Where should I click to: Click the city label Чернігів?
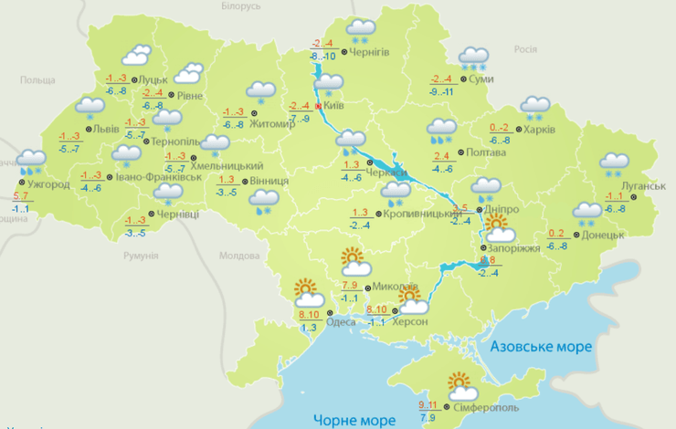[x=370, y=52]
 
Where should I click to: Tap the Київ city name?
[x=333, y=106]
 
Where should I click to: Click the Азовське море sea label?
[x=542, y=347]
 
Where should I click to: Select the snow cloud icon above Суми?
[x=473, y=58]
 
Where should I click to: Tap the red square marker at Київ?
[x=318, y=106]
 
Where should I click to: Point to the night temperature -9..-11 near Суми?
[x=442, y=91]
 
